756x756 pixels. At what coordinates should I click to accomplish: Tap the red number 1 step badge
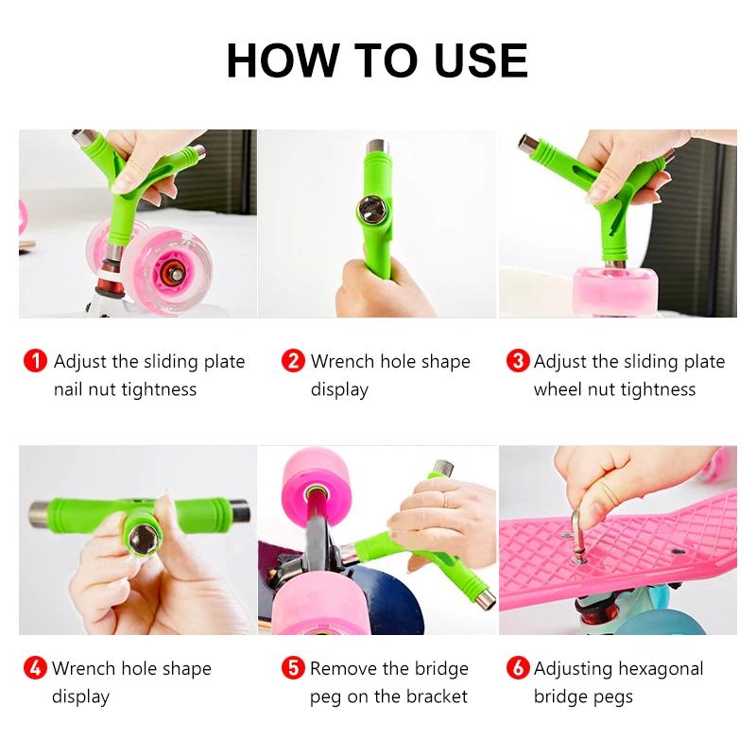pyautogui.click(x=35, y=361)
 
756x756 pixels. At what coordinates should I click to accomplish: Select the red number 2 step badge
pyautogui.click(x=294, y=361)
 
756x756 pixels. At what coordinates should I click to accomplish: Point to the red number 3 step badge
pyautogui.click(x=517, y=361)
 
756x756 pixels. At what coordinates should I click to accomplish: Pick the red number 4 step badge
pyautogui.click(x=35, y=668)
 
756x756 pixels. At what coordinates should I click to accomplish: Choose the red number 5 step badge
pyautogui.click(x=294, y=668)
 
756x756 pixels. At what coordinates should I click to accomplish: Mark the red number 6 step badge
pyautogui.click(x=517, y=668)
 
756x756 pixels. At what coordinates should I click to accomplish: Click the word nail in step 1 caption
pyautogui.click(x=70, y=389)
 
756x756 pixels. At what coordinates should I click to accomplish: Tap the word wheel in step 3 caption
pyautogui.click(x=558, y=389)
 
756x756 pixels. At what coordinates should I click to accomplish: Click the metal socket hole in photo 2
pyautogui.click(x=369, y=207)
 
